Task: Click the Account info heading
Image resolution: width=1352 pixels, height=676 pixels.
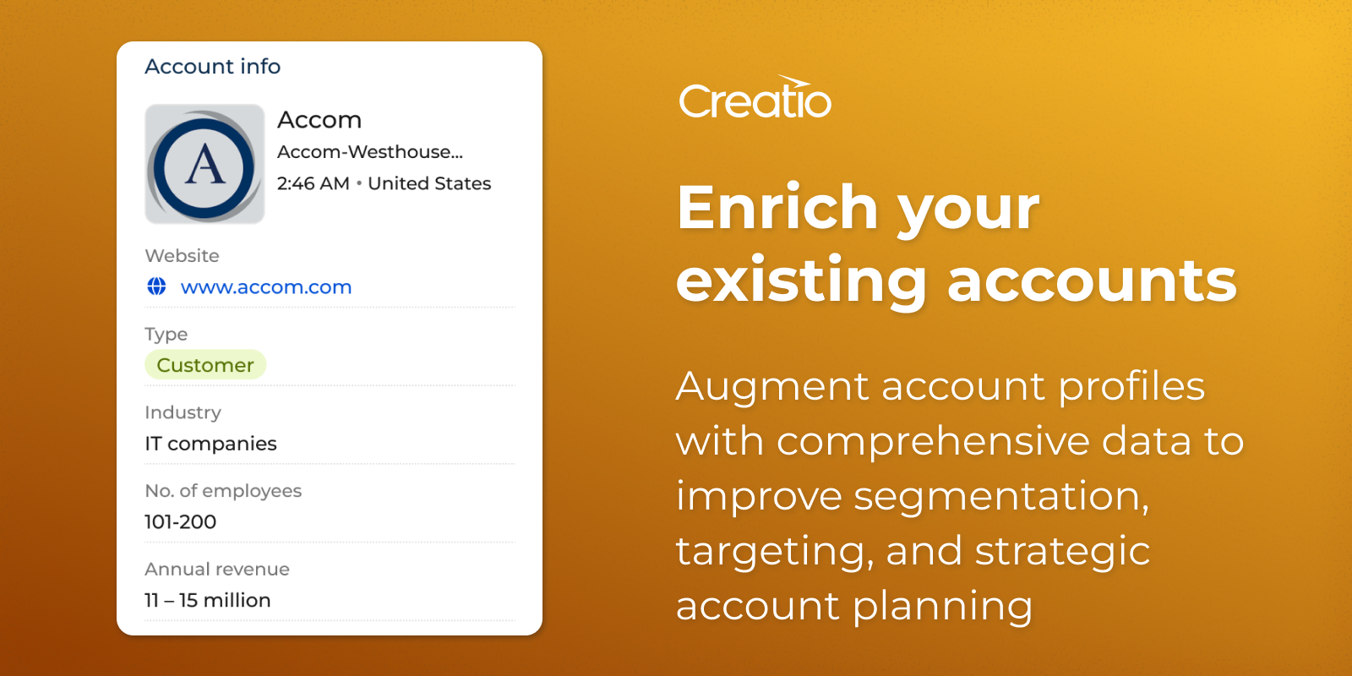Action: click(212, 67)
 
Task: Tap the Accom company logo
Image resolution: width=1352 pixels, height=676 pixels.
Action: click(204, 164)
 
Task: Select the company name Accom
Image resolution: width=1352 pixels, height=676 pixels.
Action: click(319, 119)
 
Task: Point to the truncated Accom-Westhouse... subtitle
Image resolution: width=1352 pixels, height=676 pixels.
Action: click(370, 151)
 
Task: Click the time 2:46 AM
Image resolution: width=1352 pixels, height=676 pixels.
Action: click(313, 183)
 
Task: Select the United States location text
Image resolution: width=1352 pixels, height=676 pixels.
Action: click(429, 183)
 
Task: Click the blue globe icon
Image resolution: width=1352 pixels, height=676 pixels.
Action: click(157, 286)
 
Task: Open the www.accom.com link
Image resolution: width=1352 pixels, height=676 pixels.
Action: click(266, 286)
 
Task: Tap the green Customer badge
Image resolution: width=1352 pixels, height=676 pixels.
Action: click(205, 364)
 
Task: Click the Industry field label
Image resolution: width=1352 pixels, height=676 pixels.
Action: click(183, 412)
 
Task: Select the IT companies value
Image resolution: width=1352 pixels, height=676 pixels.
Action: click(210, 444)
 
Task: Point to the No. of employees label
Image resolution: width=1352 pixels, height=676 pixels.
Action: click(223, 491)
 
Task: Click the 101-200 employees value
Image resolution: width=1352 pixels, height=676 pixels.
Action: click(181, 521)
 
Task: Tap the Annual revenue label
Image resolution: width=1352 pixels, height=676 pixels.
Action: click(217, 570)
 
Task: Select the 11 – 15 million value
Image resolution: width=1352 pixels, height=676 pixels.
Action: click(208, 600)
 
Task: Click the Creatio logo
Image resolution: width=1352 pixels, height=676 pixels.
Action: click(755, 97)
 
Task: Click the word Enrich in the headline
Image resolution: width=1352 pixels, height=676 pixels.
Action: click(777, 207)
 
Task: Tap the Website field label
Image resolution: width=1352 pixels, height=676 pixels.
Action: click(182, 256)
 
